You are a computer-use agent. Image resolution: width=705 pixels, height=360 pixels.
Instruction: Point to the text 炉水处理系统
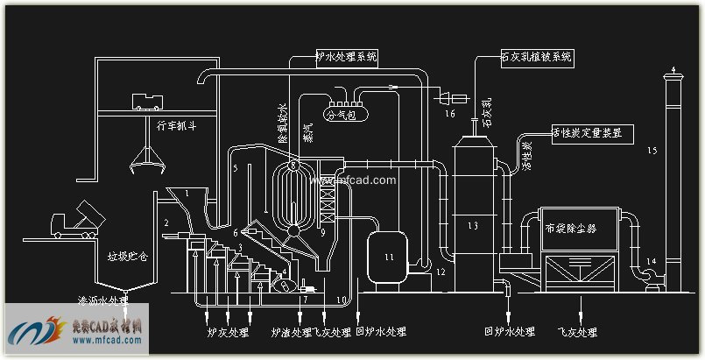click(x=346, y=57)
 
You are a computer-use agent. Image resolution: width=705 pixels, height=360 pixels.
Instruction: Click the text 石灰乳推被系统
click(x=535, y=57)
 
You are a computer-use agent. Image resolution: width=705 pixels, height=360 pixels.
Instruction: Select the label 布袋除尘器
click(x=570, y=229)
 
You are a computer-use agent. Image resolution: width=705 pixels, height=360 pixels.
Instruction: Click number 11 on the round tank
click(x=390, y=256)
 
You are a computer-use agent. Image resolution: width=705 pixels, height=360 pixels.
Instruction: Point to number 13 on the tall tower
click(x=473, y=227)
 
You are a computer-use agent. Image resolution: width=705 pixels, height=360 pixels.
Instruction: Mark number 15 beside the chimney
click(x=652, y=152)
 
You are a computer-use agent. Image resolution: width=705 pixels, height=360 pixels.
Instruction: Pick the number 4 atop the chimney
click(x=673, y=68)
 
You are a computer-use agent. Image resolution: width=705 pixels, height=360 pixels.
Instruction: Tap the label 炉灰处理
click(x=223, y=333)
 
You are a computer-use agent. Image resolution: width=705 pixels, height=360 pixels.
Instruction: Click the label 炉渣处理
click(x=291, y=333)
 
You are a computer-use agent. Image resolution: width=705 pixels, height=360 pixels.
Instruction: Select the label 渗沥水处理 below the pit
click(x=102, y=300)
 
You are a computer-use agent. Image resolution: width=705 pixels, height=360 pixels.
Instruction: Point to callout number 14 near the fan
click(x=651, y=260)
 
